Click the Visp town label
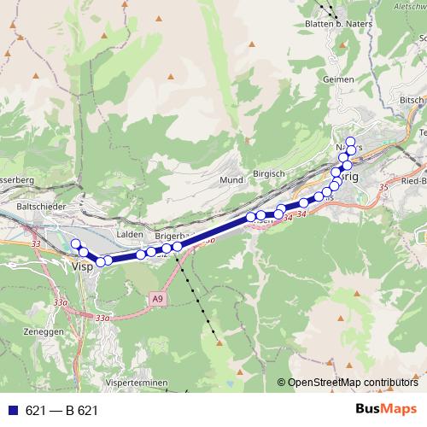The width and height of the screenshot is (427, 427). pos(82,266)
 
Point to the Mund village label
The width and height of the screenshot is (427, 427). pos(231,180)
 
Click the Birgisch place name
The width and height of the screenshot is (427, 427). pos(269,173)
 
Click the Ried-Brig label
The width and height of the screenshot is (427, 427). pos(413,181)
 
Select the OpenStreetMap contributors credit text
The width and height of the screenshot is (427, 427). pos(353,383)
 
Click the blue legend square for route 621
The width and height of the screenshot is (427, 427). pos(12,410)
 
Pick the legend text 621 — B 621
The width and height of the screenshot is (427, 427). pos(61,410)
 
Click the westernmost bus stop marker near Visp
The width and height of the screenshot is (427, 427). pos(75,244)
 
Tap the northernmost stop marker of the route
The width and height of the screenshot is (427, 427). pos(349,141)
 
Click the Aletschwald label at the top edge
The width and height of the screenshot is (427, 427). pos(407,4)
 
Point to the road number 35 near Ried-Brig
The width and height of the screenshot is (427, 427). pos(383,185)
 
